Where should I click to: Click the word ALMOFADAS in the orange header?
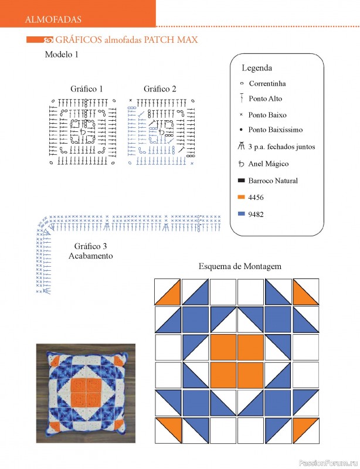53,20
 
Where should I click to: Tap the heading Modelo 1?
62,55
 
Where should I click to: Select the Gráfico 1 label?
87,89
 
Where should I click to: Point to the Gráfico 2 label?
160,89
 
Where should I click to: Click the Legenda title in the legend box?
257,68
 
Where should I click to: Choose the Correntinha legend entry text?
267,83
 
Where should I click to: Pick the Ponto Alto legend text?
265,98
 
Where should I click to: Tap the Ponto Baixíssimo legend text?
276,130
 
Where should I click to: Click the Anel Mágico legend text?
269,164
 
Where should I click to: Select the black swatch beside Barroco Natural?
241,181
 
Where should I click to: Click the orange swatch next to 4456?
241,197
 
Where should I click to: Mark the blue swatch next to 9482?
241,214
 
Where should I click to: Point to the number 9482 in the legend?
256,215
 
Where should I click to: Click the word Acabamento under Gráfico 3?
91,256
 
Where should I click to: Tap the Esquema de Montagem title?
240,266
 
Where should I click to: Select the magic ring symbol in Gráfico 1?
83,131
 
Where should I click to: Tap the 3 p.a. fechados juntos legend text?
281,147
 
